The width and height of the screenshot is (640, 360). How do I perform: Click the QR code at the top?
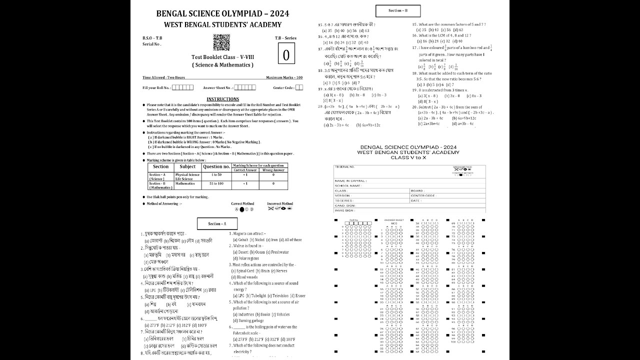point(221,42)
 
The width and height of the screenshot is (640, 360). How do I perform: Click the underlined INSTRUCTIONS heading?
point(222,99)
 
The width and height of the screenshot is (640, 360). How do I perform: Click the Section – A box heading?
point(216,224)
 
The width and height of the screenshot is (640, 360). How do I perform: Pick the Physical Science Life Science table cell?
point(187,176)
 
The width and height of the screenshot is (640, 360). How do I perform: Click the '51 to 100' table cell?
point(216,183)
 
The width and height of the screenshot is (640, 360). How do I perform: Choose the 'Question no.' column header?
point(216,166)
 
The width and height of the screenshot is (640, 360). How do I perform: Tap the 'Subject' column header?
point(187,166)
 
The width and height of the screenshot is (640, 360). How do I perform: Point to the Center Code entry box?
point(299,87)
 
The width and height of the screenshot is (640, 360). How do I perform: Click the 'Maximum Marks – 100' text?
point(284,77)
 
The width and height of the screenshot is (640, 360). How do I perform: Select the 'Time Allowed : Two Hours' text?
point(163,77)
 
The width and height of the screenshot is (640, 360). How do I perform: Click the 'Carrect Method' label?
point(242,204)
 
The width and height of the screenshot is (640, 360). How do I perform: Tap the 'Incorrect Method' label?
point(280,204)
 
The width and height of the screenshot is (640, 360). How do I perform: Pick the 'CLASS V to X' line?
point(409,157)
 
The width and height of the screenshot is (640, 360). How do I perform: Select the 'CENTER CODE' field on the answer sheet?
point(423,195)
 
